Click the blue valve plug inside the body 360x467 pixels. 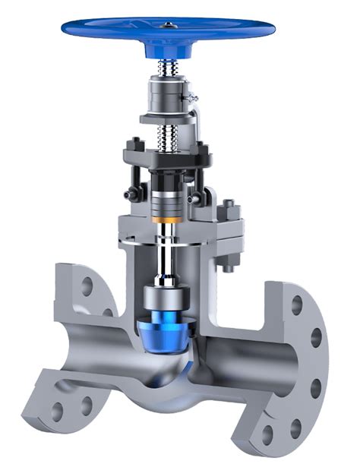166,326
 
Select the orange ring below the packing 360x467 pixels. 167,220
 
